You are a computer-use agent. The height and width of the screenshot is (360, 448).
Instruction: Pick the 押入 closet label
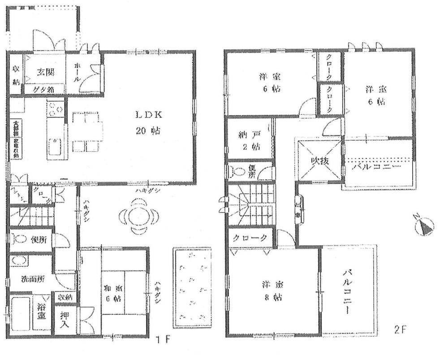pyautogui.click(x=65, y=319)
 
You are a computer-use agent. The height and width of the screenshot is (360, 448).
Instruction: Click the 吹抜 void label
pyautogui.click(x=319, y=160)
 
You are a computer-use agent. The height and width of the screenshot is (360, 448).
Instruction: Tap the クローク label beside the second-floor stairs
pyautogui.click(x=250, y=238)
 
